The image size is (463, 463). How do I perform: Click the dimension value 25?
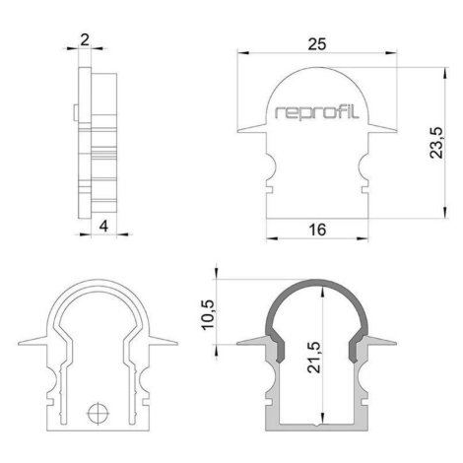[317, 44]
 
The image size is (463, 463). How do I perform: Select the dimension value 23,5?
[436, 143]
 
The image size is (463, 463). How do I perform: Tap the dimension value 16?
[317, 230]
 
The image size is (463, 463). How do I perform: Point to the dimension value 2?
[85, 40]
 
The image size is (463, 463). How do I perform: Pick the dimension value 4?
[103, 227]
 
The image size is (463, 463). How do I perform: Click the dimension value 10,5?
[208, 314]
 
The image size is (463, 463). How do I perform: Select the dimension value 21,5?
[314, 358]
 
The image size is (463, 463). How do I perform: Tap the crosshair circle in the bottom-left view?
[99, 413]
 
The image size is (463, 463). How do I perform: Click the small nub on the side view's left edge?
[76, 113]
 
